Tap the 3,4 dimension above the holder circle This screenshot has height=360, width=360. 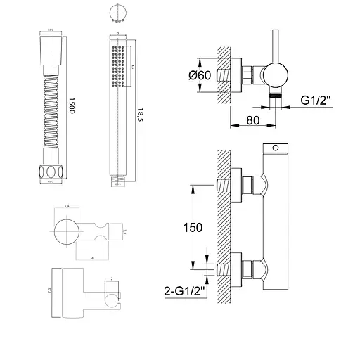pos(67,205)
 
